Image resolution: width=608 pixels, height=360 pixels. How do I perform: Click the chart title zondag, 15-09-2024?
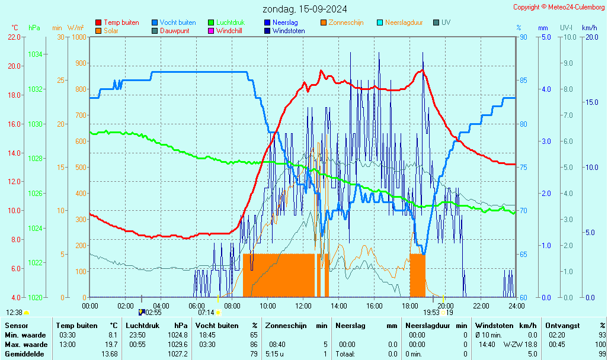pos(305,9)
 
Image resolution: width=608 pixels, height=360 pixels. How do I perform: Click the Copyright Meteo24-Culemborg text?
pos(559,7)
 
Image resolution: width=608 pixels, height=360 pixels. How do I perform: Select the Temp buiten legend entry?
pos(121,22)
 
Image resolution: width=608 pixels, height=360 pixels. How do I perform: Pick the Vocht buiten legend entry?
pos(177,22)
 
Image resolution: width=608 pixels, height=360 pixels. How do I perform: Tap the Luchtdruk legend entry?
pos(230,22)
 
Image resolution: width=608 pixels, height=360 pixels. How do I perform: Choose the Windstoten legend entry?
pos(289,31)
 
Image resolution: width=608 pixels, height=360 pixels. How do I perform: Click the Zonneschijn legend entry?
pos(345,22)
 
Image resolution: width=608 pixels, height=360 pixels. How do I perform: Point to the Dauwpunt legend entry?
pos(174,31)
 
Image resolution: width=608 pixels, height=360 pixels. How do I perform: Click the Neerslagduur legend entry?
pos(404,22)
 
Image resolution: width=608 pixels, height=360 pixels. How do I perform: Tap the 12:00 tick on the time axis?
pos(303,306)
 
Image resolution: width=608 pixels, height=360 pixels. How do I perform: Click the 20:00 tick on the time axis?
pos(445,306)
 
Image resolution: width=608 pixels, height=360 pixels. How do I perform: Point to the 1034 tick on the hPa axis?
pos(35,54)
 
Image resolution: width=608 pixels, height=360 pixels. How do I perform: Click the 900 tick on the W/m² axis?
pos(80,63)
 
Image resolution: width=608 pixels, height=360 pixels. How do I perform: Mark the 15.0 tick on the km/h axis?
pos(591,102)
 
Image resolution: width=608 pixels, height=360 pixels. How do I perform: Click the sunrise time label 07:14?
pos(206,313)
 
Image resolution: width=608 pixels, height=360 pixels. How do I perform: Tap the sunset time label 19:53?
pos(431,313)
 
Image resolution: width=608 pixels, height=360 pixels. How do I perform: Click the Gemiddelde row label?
pos(24,354)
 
